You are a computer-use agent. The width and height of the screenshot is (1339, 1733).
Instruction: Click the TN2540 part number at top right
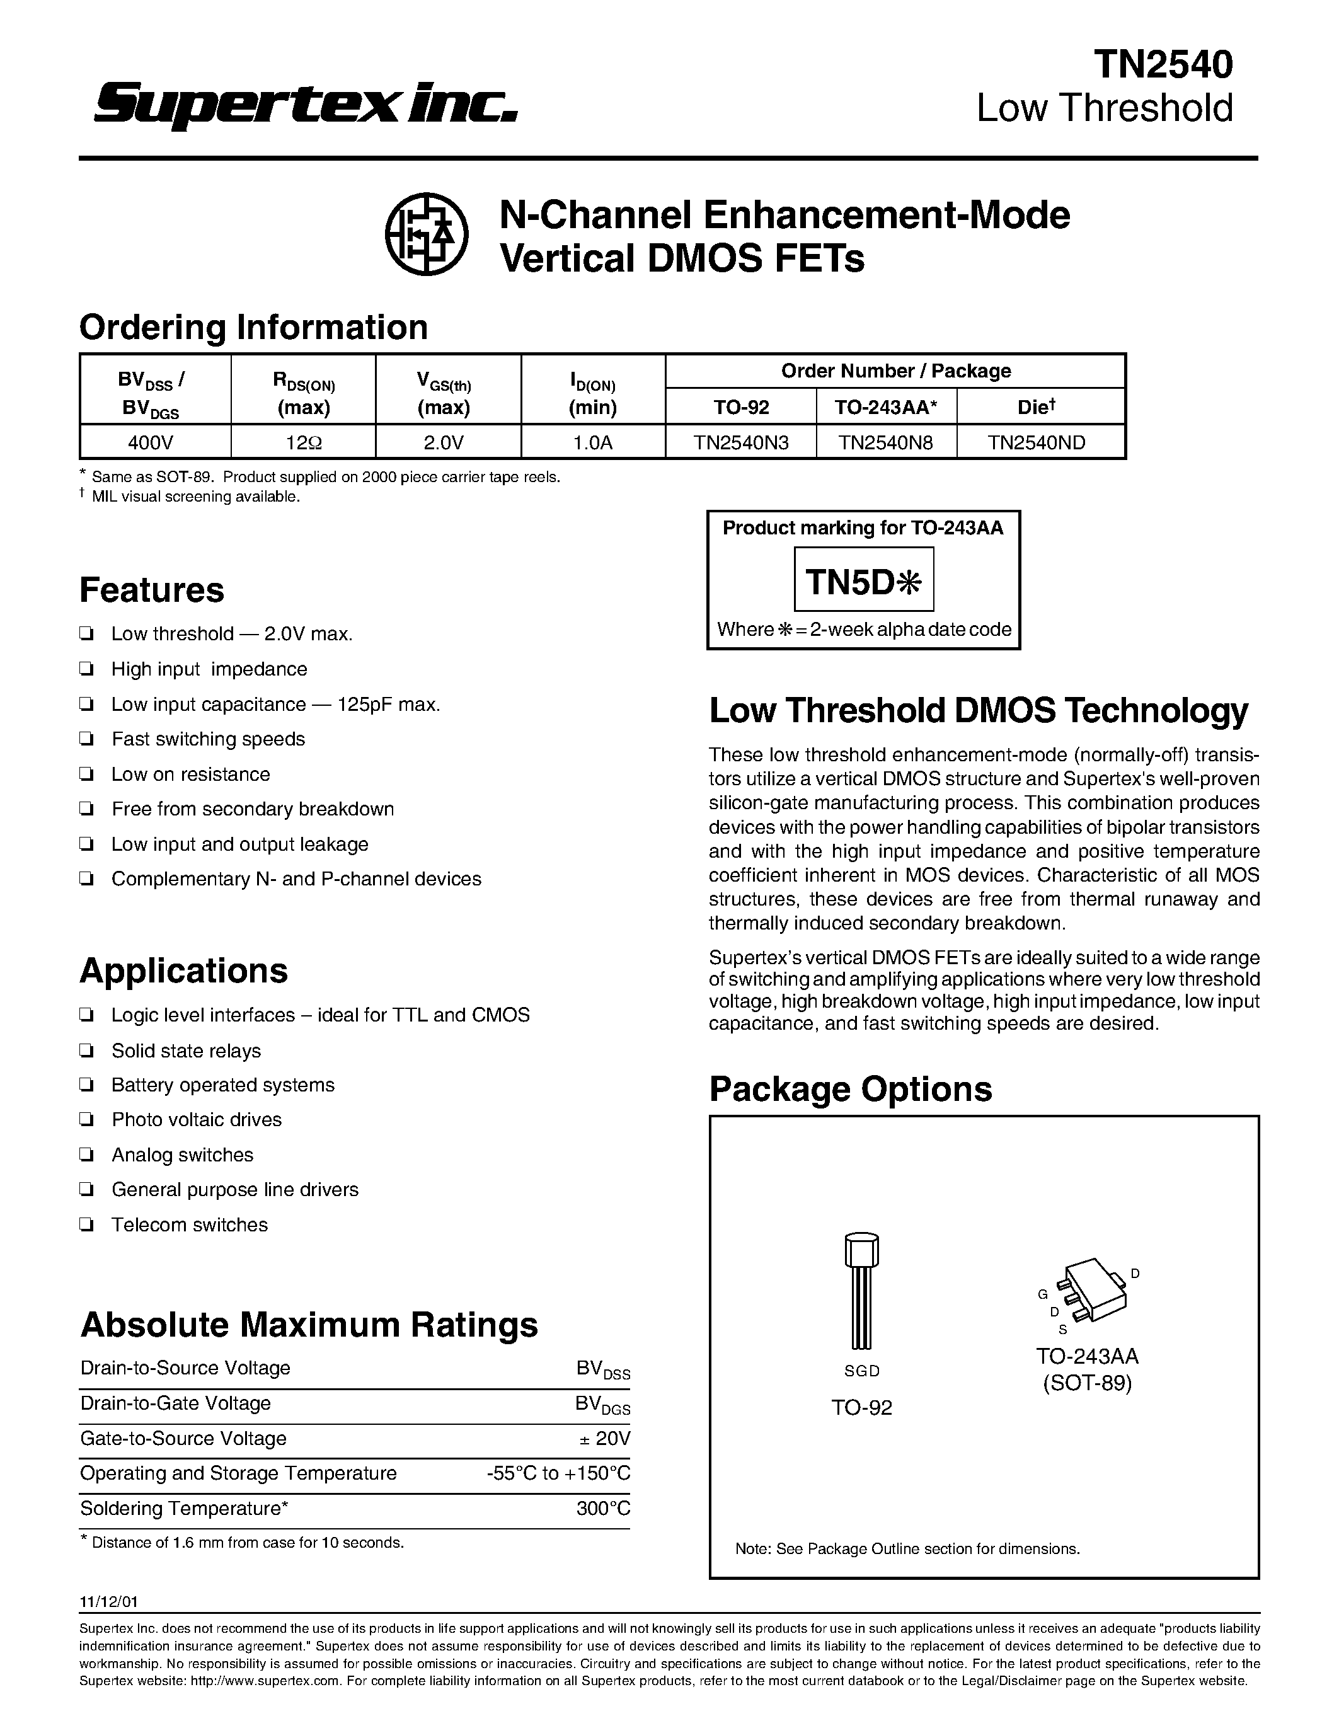(x=1163, y=64)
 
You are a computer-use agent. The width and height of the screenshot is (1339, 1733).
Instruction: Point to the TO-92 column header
(x=740, y=407)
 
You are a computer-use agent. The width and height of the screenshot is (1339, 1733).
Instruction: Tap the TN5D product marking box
(x=863, y=583)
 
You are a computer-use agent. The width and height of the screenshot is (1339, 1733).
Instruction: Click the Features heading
(x=151, y=590)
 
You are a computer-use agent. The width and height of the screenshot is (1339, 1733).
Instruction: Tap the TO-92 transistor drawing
(x=861, y=1289)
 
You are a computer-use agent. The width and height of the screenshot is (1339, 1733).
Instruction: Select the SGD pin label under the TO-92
(x=861, y=1371)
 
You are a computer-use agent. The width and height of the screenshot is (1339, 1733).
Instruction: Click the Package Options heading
(x=851, y=1089)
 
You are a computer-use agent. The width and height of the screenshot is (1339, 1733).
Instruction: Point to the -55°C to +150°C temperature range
(x=558, y=1473)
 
